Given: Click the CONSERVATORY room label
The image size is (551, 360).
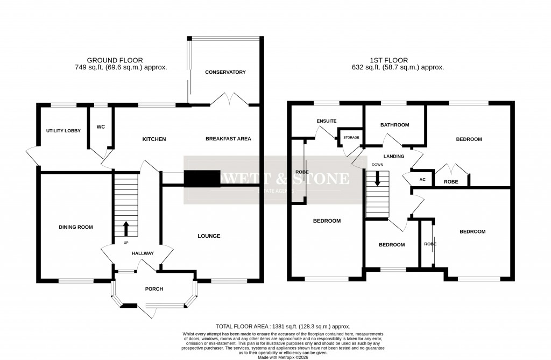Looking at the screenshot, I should (225, 72).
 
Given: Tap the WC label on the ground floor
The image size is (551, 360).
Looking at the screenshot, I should (100, 127).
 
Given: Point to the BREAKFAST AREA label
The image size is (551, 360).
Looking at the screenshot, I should (228, 139).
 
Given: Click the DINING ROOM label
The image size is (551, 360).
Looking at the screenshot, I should (76, 227).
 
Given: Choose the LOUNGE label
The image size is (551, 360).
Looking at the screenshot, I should (209, 236).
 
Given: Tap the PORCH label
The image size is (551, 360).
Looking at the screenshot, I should (153, 289).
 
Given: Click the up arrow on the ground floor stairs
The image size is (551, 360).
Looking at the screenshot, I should (126, 229).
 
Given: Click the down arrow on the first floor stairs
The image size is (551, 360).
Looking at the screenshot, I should (377, 179).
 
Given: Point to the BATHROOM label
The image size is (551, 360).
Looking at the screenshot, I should (394, 125).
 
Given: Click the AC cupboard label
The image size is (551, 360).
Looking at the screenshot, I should (422, 180).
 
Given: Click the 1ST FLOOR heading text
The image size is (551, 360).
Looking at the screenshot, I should (389, 60).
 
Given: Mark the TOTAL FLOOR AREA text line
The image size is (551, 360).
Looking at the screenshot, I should (282, 327).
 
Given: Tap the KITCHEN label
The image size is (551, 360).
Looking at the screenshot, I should (154, 139).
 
